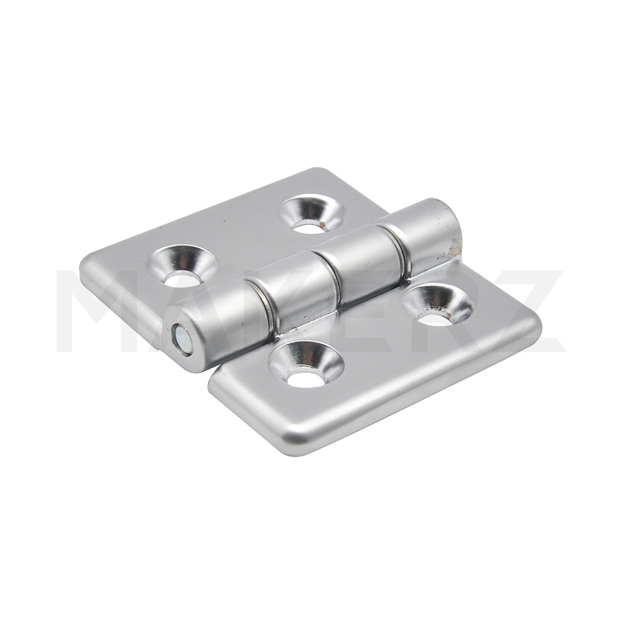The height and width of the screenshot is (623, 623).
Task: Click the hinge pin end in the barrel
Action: [183, 339]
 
